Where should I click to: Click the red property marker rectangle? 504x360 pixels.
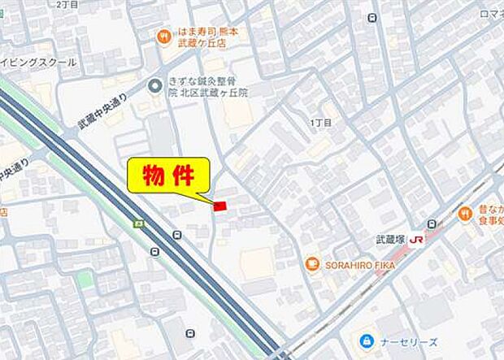coord(219,206)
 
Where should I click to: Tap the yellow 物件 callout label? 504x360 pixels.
coord(168,176)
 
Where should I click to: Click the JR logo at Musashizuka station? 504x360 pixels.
coord(416,240)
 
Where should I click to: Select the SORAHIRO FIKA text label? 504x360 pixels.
coord(358,264)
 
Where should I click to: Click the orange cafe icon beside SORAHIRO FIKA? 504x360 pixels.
coord(311,264)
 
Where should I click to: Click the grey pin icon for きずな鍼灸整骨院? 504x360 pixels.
coord(154,85)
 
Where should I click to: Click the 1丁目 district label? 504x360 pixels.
coord(321,123)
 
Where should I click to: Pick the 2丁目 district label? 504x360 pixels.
coord(68,5)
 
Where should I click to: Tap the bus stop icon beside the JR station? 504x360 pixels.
coord(432,223)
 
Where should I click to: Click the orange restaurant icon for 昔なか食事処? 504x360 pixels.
coord(465,213)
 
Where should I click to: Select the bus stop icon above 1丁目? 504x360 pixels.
coord(372,17)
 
